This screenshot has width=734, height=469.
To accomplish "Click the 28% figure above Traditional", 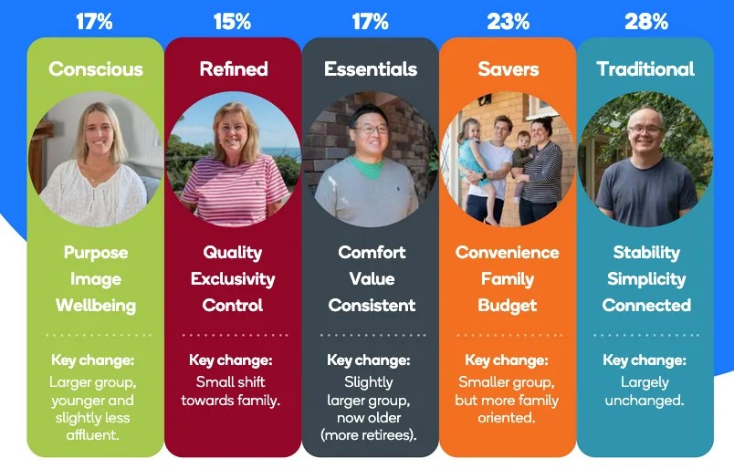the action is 646,22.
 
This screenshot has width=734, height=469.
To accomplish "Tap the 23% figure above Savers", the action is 508,22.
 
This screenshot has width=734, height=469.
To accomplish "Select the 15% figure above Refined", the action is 232,22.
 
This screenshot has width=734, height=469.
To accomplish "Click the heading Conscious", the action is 96,68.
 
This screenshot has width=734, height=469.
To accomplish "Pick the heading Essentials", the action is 371,68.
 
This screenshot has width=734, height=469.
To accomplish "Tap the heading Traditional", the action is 645,68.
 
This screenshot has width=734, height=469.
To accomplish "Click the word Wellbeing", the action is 96,305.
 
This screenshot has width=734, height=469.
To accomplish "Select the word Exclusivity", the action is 233,279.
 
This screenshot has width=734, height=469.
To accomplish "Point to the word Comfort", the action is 372,252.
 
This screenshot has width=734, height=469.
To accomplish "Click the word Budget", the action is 508,306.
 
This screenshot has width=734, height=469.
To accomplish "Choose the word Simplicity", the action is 646,279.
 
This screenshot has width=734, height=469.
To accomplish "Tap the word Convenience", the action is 508,252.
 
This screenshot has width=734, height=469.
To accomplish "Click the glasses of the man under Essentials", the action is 372,130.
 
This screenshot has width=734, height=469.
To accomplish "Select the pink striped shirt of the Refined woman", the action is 234,190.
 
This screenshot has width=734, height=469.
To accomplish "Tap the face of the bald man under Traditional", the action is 645,132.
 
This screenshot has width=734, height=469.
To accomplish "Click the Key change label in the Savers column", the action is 507,360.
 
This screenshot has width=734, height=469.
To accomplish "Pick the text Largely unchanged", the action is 645,391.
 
